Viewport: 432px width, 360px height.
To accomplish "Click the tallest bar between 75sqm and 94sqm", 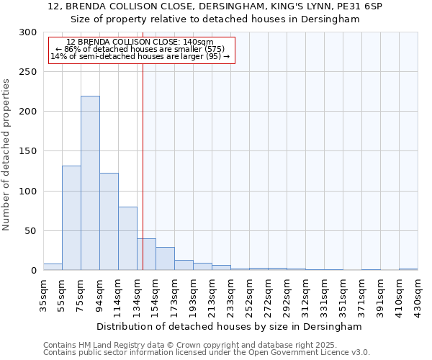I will pos(90,183).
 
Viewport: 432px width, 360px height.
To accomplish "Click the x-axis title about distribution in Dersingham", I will pos(230,326).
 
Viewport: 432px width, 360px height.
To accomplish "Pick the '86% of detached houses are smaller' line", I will pos(140,49).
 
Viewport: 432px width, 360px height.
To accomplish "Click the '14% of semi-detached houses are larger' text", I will pos(140,56).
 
